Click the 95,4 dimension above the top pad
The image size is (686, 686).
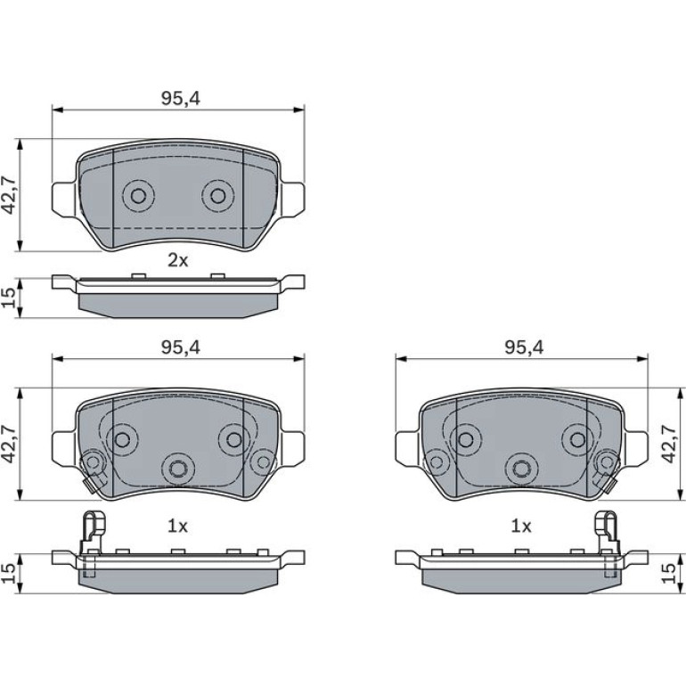tap(180, 99)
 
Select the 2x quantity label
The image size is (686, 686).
tap(178, 261)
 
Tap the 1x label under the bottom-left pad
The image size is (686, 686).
tap(177, 527)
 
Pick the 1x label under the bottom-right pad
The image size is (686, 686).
tap(521, 527)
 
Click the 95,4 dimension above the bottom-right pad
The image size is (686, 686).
tap(524, 347)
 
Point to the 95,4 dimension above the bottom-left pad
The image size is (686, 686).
tap(180, 347)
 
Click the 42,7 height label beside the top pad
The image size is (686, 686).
tap(10, 196)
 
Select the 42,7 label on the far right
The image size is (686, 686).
tap(669, 444)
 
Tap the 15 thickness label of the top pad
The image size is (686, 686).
tap(10, 298)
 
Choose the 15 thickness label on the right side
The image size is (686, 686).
tap(669, 574)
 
